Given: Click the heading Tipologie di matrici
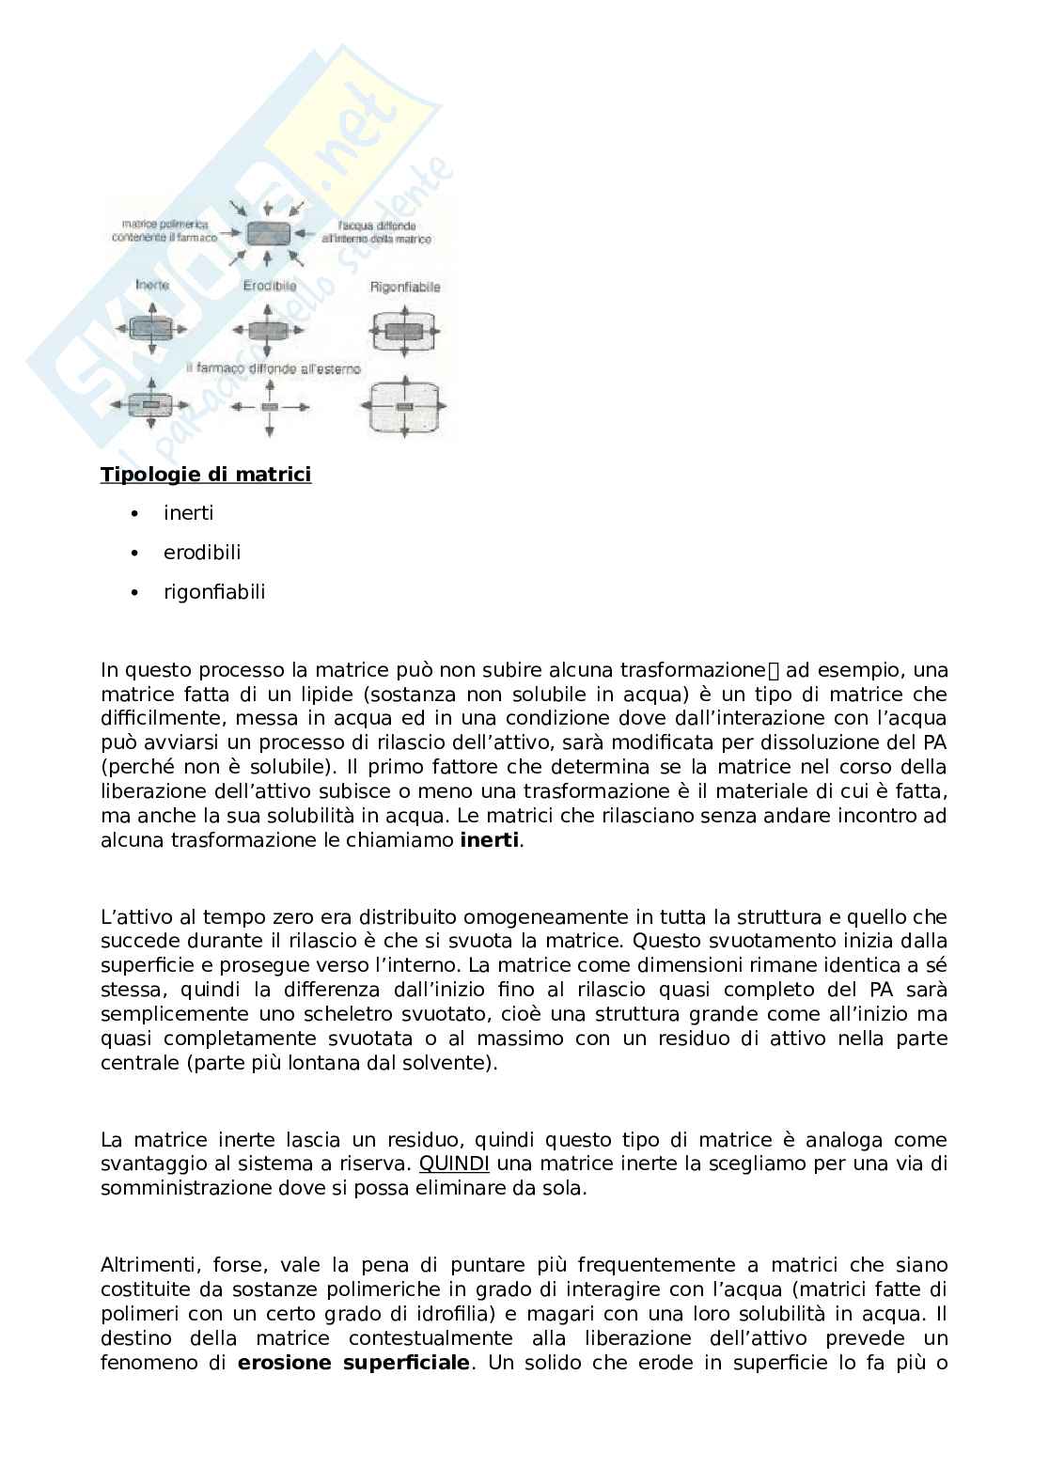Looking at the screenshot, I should click(x=205, y=475).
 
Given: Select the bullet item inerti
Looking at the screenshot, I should click(x=188, y=513).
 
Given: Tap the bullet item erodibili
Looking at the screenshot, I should click(x=201, y=553).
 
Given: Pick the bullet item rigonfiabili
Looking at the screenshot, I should click(x=213, y=592).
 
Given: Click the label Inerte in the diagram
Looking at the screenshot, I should click(x=151, y=285).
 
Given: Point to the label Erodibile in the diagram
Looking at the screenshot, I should click(x=270, y=286).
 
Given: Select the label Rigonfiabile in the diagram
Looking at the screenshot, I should click(x=404, y=287).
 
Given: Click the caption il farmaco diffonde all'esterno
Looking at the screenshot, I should click(x=273, y=369).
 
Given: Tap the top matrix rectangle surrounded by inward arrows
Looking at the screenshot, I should click(x=270, y=233).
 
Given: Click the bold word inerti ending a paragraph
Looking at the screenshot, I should click(x=489, y=841).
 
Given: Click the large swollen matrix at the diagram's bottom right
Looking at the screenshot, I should click(x=404, y=406).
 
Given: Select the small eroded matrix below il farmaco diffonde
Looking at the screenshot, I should click(x=270, y=406).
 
